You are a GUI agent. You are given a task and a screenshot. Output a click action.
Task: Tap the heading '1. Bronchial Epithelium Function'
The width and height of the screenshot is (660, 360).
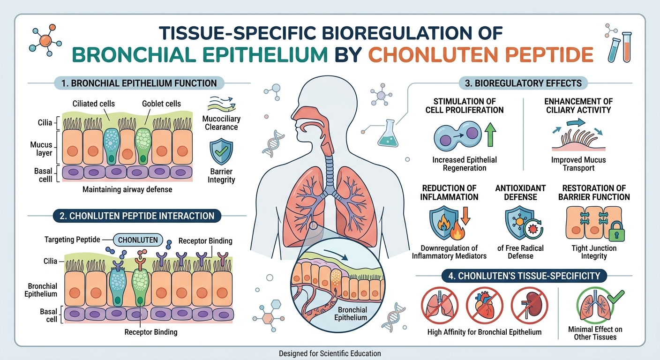(x=139, y=83)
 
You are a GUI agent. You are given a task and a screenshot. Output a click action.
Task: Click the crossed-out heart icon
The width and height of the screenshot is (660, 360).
(x=485, y=305)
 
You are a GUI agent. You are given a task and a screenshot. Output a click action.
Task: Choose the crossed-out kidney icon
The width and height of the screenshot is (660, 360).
(x=529, y=305)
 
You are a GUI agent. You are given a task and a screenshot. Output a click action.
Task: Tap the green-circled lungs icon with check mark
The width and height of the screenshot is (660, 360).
(x=594, y=305)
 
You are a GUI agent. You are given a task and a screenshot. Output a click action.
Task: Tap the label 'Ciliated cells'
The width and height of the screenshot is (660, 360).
(x=93, y=104)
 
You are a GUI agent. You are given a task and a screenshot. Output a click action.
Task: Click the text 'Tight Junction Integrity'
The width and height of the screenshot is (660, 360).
(x=594, y=252)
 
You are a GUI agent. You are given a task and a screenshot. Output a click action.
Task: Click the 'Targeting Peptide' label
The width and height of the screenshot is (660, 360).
(x=73, y=240)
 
